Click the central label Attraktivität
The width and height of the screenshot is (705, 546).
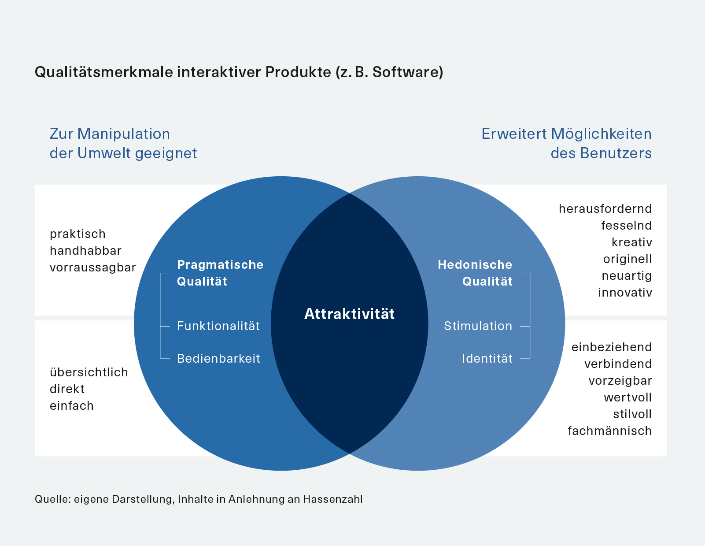tap(349, 314)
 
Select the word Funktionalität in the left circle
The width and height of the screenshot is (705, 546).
tap(218, 326)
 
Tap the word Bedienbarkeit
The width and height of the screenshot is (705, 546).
tap(218, 359)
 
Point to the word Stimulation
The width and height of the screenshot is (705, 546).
tap(478, 326)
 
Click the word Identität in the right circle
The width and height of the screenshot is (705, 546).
tap(487, 359)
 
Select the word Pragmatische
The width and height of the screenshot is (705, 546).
tap(220, 265)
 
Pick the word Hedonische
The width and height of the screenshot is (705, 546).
tap(475, 265)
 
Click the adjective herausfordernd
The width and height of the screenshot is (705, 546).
tap(605, 209)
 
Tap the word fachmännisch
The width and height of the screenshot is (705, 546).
tap(609, 431)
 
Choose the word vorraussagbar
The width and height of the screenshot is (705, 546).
tap(93, 267)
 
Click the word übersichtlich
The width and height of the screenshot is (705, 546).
tap(89, 372)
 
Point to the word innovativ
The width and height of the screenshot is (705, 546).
tap(625, 293)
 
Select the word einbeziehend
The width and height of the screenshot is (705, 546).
tap(611, 347)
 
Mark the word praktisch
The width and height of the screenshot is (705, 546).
tap(78, 234)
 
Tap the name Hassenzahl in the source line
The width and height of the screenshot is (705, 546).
tap(333, 499)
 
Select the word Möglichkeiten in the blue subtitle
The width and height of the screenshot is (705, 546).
tap(601, 134)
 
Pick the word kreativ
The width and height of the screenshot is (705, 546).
tap(631, 242)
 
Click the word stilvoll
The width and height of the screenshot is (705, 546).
tap(632, 414)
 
